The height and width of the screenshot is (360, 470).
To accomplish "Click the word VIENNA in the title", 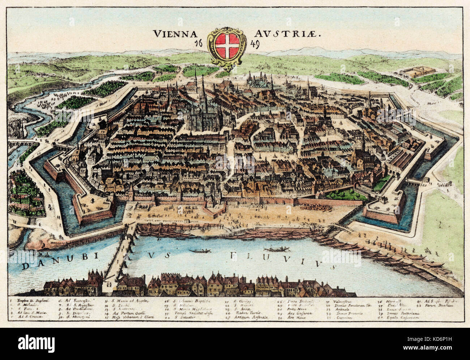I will coord(176,34).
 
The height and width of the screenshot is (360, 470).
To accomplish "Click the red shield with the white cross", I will coord(225,46).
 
